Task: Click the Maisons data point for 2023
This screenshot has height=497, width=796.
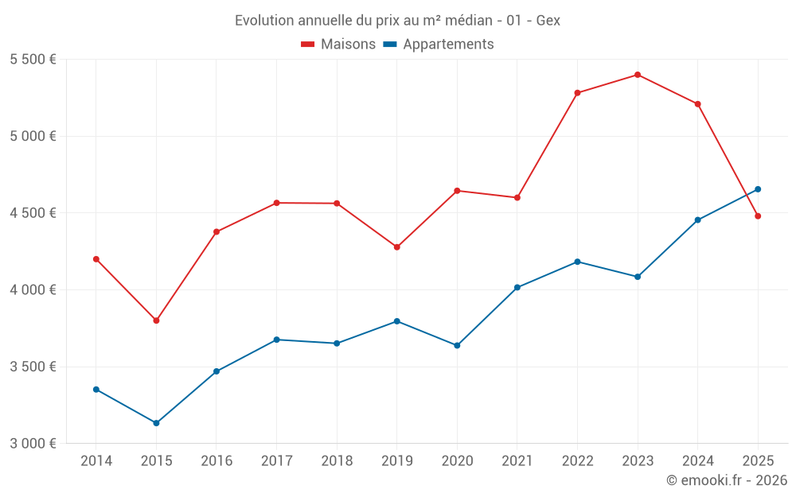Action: pyautogui.click(x=638, y=75)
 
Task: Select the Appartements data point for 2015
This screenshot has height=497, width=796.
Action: pyautogui.click(x=156, y=423)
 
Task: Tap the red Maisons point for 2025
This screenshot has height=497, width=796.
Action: pyautogui.click(x=758, y=216)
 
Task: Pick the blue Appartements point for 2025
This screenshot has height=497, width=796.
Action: pyautogui.click(x=758, y=189)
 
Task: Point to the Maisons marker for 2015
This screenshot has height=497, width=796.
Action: pyautogui.click(x=156, y=320)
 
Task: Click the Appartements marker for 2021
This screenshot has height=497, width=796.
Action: pyautogui.click(x=517, y=287)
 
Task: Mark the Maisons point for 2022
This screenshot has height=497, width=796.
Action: pyautogui.click(x=577, y=93)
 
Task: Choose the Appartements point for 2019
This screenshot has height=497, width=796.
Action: pyautogui.click(x=396, y=321)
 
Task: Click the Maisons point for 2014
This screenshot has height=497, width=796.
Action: pyautogui.click(x=96, y=259)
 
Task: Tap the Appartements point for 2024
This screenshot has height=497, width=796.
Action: pyautogui.click(x=697, y=220)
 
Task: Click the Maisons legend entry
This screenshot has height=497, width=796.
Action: pyautogui.click(x=338, y=45)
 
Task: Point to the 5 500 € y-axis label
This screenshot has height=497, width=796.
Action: pyautogui.click(x=33, y=60)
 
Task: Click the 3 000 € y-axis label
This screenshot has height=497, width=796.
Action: pyautogui.click(x=33, y=444)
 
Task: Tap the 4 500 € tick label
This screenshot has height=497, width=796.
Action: pyautogui.click(x=33, y=213)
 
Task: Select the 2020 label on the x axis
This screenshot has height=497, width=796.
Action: pyautogui.click(x=457, y=461)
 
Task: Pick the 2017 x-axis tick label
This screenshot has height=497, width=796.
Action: pyautogui.click(x=276, y=461)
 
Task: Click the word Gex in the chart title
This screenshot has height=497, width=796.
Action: pyautogui.click(x=548, y=21)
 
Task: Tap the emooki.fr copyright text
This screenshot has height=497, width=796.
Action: pyautogui.click(x=726, y=480)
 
